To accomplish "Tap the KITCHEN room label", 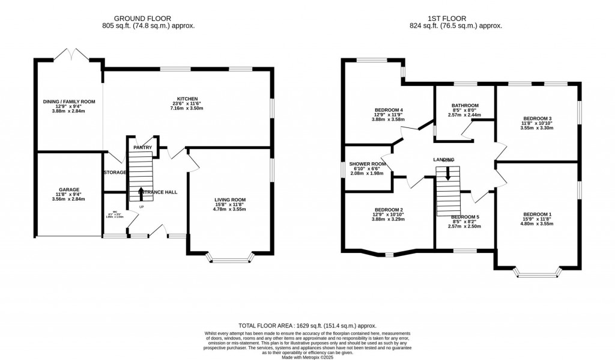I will click(x=187, y=99).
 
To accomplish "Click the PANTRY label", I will click(x=142, y=147).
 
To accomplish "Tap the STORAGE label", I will click(x=114, y=172).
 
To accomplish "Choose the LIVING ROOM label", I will click(x=230, y=200).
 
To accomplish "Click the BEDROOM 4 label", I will click(x=389, y=110).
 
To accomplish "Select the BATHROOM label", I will click(x=465, y=105).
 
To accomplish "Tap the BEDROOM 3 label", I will click(x=537, y=118).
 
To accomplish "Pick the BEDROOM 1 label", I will click(x=537, y=215).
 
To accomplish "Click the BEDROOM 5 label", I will click(x=465, y=216).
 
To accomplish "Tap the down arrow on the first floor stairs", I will click(x=447, y=174).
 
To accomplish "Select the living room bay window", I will click(x=230, y=260).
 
